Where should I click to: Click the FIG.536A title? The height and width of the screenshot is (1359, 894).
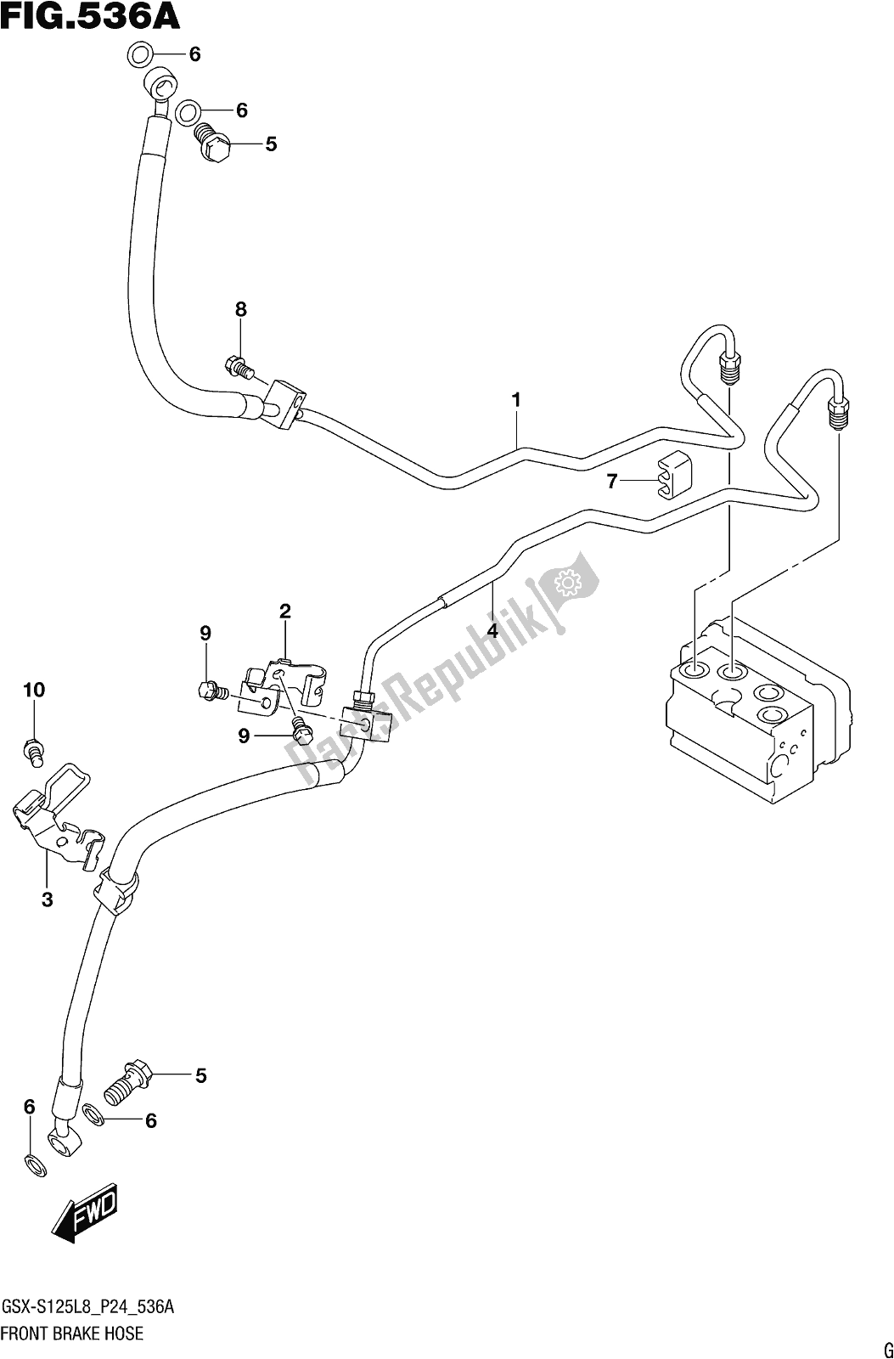click(92, 16)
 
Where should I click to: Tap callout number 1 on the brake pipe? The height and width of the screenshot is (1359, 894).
click(515, 399)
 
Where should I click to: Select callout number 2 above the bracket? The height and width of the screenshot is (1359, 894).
click(285, 611)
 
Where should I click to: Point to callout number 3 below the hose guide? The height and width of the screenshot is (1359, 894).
click(48, 899)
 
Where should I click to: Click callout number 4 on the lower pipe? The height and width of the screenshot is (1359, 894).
click(492, 630)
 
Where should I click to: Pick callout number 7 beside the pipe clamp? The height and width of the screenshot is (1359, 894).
click(612, 482)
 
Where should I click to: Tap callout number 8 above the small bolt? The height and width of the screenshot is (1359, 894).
click(241, 310)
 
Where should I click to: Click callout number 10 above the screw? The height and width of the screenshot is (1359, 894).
click(33, 691)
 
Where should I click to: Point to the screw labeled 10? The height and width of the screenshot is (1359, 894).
click(33, 752)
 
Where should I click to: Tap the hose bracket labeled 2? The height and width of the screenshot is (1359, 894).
click(281, 684)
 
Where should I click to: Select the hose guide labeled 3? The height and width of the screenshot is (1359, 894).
click(59, 815)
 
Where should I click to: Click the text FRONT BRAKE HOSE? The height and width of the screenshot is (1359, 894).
click(73, 1333)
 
